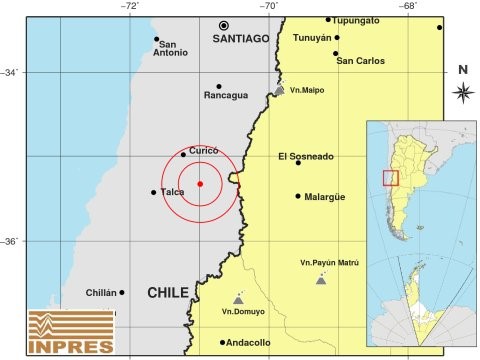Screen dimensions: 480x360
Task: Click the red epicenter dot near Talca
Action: pos(200,184)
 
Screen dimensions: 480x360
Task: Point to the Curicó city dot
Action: pos(183,154)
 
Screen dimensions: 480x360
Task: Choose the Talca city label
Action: pos(172,192)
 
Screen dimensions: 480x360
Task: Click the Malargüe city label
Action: pos(325,197)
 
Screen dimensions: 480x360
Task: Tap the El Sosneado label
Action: pos(306,157)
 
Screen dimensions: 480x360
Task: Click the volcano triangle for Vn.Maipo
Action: pos(279,91)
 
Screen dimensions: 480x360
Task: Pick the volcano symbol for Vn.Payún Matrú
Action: pos(320,280)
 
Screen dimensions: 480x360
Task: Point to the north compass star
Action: pos(463,93)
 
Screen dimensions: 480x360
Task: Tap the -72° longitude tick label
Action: pos(131,7)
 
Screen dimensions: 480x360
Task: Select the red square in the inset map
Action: pos(390,178)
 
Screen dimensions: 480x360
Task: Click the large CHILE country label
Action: pos(167,292)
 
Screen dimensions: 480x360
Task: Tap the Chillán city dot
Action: pos(122,293)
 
